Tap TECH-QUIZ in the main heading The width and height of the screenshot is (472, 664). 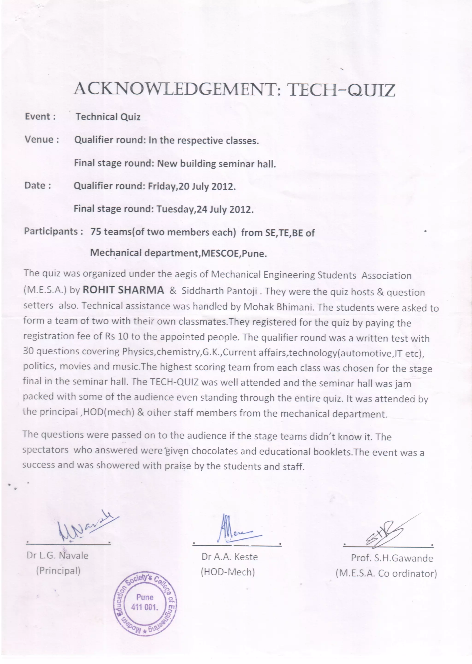(341, 90)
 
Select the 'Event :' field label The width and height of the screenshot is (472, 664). (40, 117)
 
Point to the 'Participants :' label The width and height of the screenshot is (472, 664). (54, 231)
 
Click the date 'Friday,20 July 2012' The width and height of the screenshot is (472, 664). (191, 186)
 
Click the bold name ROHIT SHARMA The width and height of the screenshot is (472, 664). (123, 290)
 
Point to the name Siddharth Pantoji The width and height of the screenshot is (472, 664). (219, 291)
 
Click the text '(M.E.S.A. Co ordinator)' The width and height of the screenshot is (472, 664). (386, 574)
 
